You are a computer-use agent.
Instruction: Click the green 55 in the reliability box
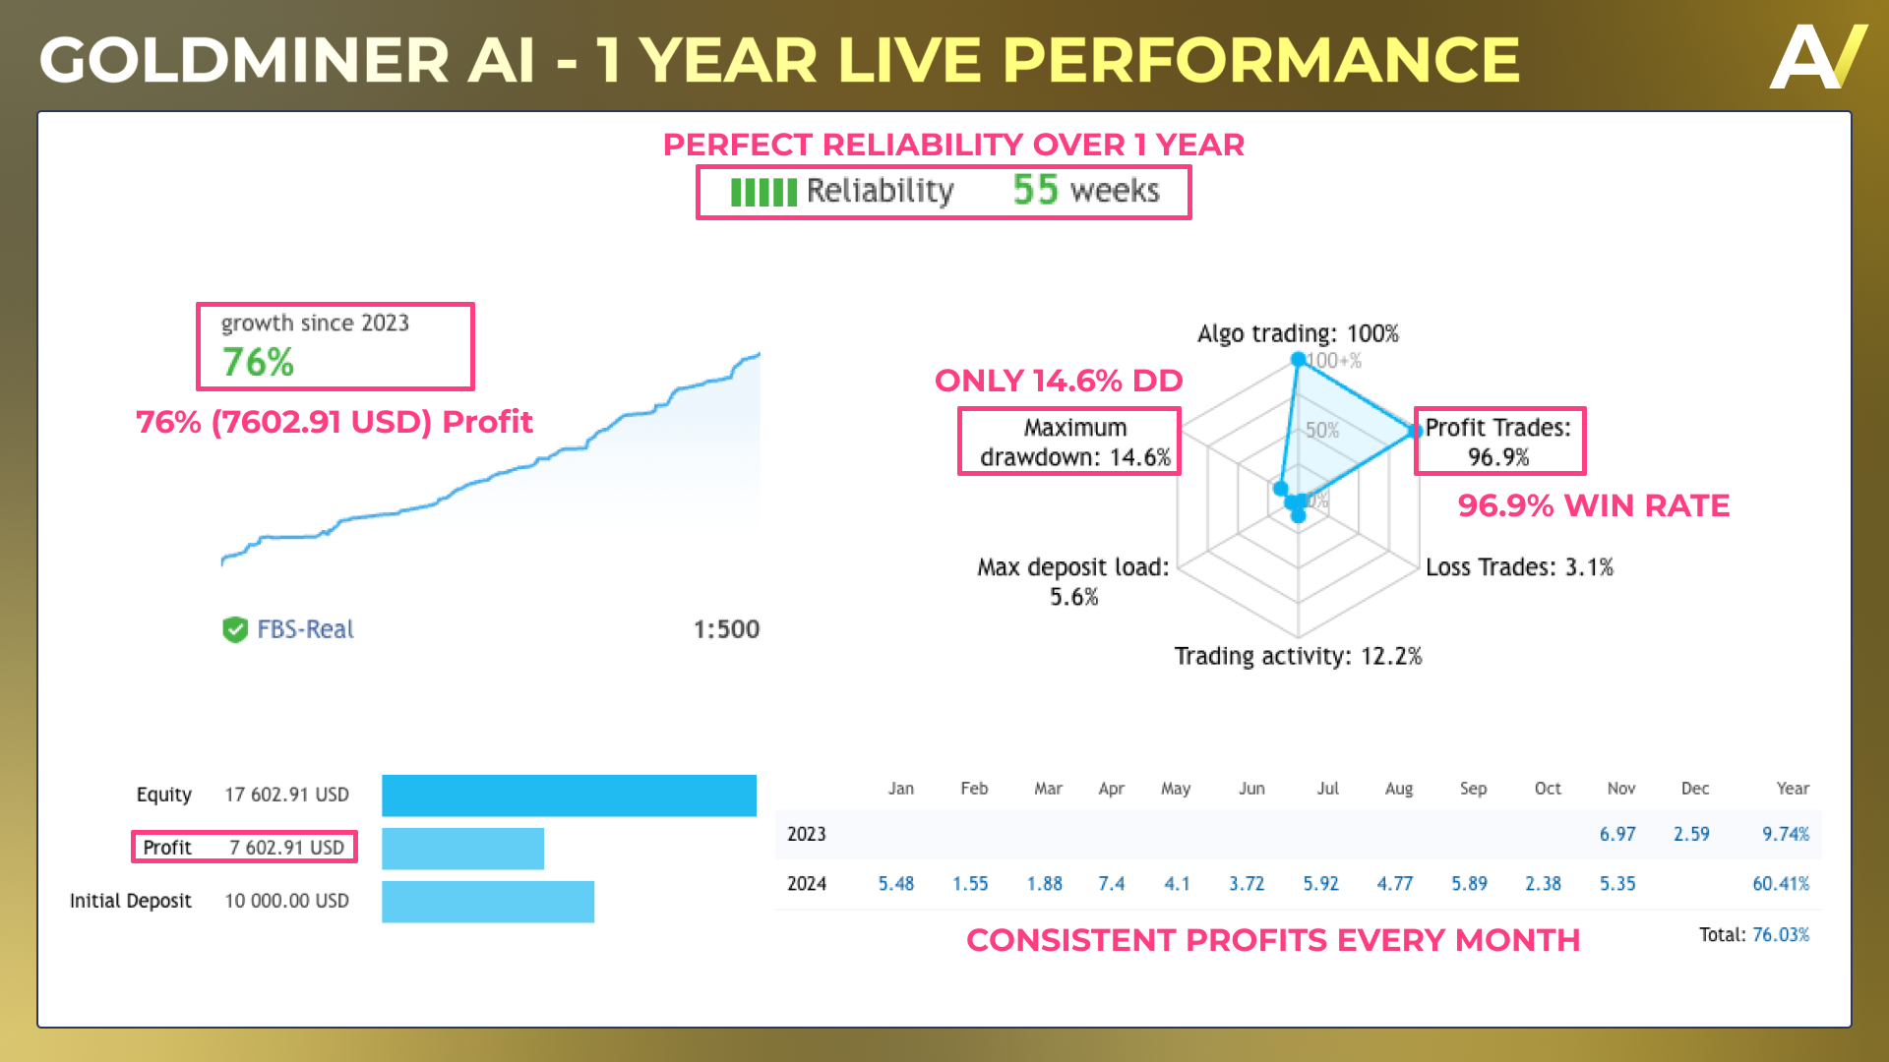(1035, 190)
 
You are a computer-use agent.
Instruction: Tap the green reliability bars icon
(763, 192)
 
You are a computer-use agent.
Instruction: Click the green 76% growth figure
(258, 362)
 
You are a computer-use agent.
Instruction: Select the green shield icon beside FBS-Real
(235, 629)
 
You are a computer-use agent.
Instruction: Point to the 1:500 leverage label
(726, 629)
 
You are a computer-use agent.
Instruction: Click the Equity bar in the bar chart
(569, 796)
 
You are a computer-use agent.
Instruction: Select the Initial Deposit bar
(488, 902)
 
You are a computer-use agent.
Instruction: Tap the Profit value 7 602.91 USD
(287, 848)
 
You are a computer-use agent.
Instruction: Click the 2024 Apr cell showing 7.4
(1112, 884)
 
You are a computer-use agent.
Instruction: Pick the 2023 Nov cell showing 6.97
(1617, 834)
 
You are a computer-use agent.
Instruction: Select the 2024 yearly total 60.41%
(1781, 884)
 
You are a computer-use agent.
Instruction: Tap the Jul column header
(1328, 789)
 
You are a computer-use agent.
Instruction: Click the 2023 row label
(807, 834)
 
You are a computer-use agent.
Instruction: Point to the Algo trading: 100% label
(1298, 333)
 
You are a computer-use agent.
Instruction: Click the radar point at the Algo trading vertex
(1298, 359)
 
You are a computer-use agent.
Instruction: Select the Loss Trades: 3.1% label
(1520, 567)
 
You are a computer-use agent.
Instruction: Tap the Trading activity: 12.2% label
(1298, 656)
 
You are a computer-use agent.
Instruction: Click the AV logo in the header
(1819, 56)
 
